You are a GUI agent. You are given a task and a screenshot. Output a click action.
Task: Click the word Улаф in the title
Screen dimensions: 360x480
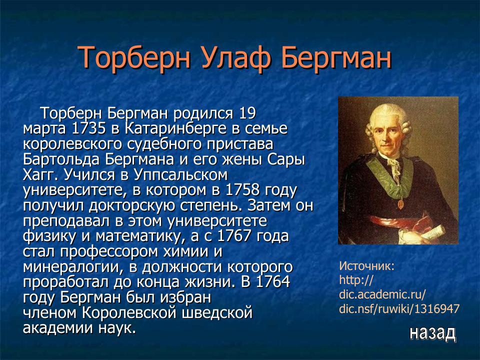235,58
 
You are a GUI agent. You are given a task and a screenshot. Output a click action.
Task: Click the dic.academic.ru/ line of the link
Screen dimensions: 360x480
382,294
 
